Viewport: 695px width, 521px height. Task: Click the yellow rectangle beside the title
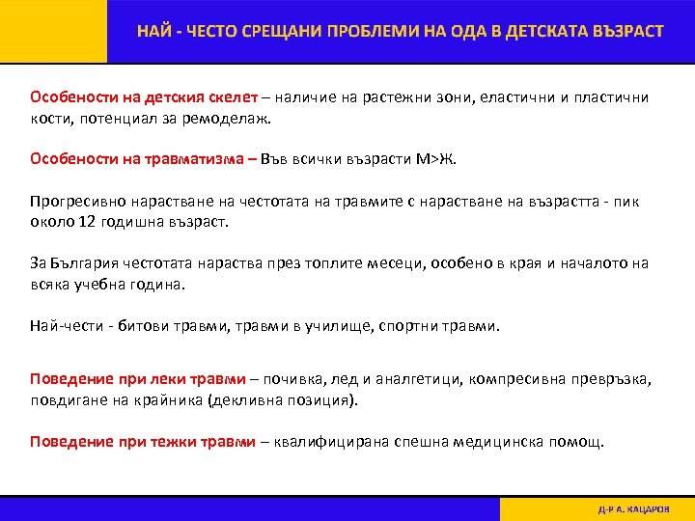[53, 31]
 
